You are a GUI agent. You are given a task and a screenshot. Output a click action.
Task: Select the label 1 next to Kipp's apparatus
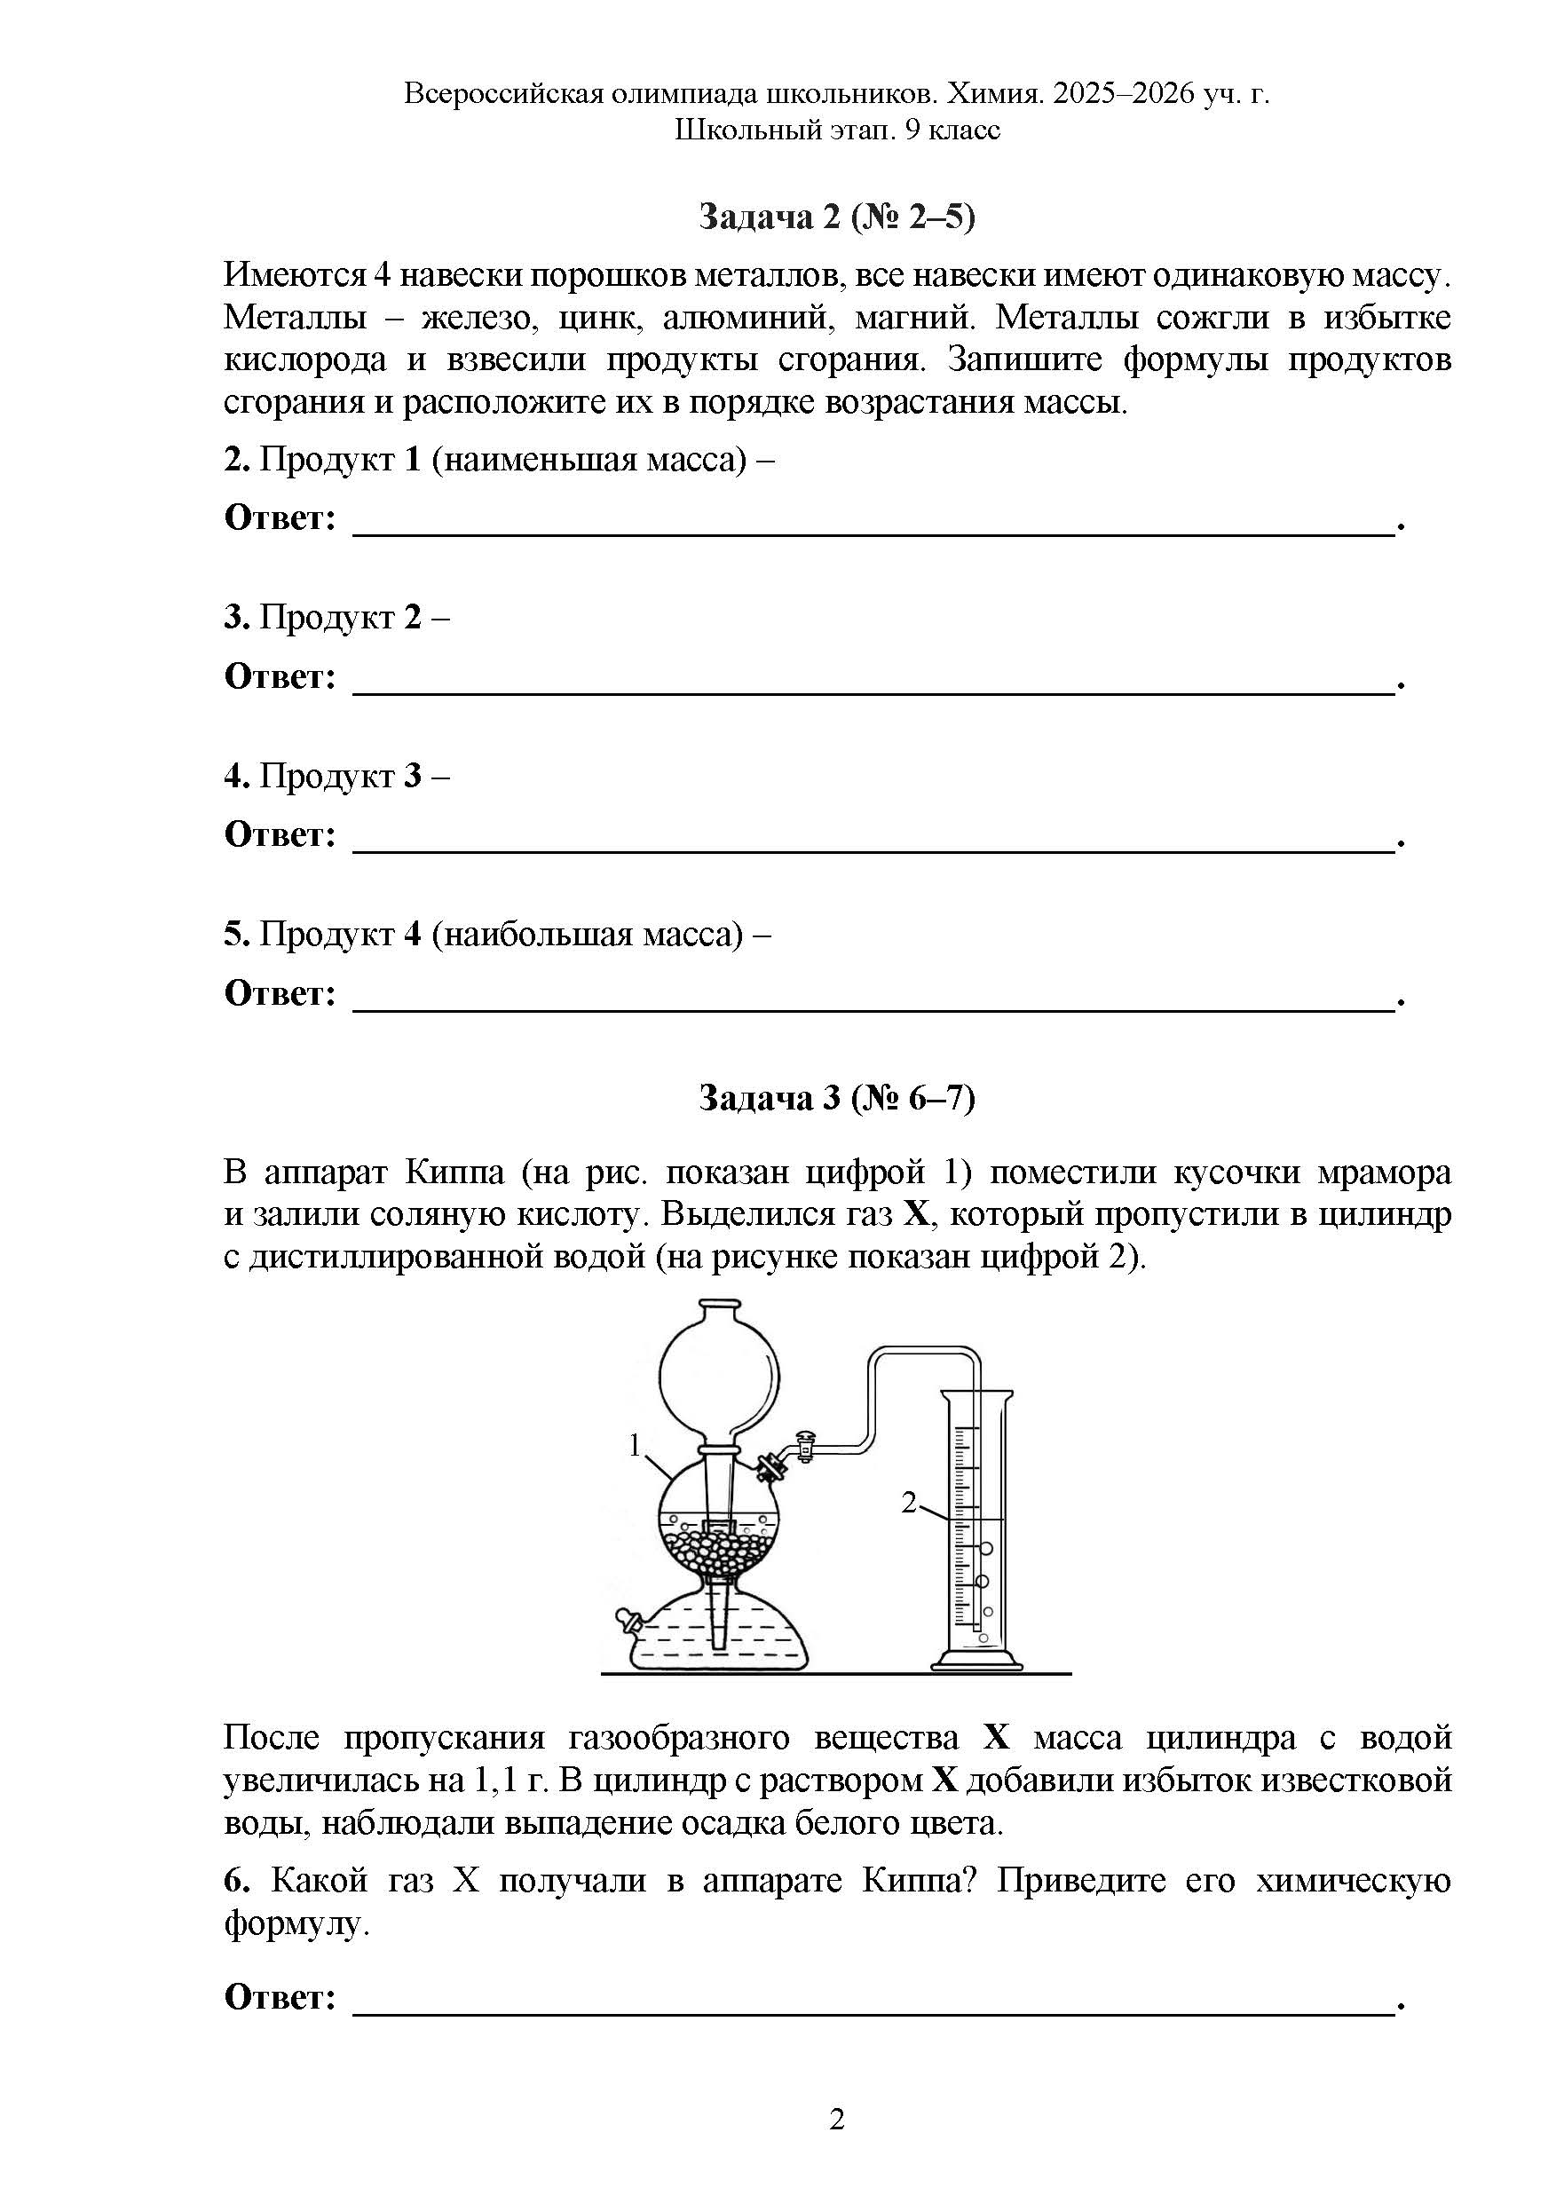[635, 1445]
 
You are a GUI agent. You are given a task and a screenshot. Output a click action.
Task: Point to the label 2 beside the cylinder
[908, 1501]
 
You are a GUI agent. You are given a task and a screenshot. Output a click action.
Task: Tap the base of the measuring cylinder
[976, 1660]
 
